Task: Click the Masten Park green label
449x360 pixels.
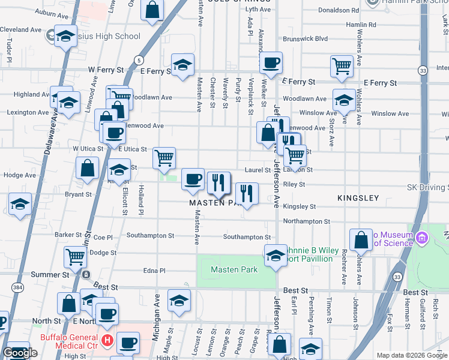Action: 234,269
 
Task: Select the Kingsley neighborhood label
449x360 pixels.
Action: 358,197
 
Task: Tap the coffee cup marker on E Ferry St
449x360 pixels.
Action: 271,63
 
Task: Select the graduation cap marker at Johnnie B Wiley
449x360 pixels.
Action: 276,254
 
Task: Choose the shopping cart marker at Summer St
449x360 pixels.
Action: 75,257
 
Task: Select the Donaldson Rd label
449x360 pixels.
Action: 339,10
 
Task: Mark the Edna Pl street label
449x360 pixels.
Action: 154,271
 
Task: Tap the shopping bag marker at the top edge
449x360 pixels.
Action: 152,10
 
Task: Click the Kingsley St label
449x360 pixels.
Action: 299,206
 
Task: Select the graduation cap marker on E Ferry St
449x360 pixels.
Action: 182,66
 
